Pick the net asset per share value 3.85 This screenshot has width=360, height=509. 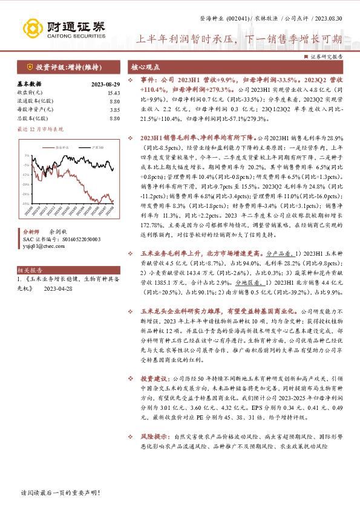pos(114,109)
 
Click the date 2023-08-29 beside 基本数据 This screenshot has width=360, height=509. pos(105,84)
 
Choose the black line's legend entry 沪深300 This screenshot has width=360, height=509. pos(90,147)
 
